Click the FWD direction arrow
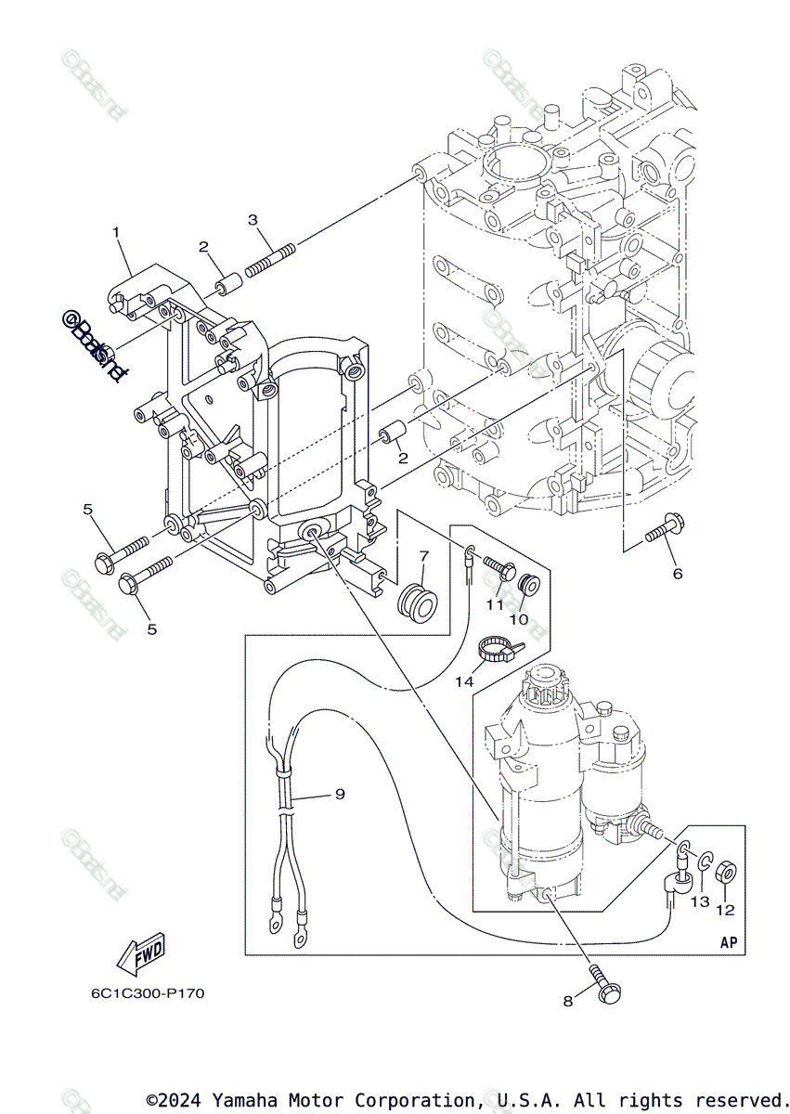click(x=140, y=953)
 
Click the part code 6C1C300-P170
click(x=148, y=993)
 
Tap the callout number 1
click(x=117, y=232)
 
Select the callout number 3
click(x=252, y=219)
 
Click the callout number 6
click(x=678, y=574)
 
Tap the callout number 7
click(x=423, y=556)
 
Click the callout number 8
click(x=567, y=1002)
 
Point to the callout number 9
click(x=340, y=794)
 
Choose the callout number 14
click(x=464, y=681)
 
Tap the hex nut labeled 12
click(x=727, y=874)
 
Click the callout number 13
click(x=699, y=901)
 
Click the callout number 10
click(x=518, y=618)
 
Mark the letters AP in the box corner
click(x=729, y=942)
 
